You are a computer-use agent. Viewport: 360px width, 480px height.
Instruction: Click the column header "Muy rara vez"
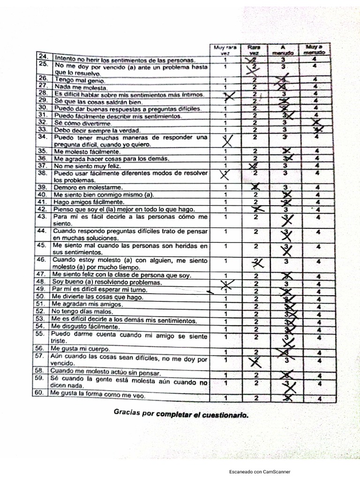tap(225, 50)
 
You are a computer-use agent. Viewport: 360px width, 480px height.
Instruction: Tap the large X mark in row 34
tap(227, 140)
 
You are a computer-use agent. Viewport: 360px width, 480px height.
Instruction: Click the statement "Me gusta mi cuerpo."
tap(81, 349)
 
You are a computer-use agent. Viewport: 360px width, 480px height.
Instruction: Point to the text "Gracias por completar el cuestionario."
tap(180, 415)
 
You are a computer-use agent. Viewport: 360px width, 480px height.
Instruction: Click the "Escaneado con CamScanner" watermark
tap(260, 472)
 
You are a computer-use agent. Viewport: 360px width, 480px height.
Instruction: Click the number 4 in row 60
tap(318, 398)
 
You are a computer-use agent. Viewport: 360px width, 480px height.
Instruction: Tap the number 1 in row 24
tap(225, 60)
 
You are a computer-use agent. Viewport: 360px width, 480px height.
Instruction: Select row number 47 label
tap(42, 275)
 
